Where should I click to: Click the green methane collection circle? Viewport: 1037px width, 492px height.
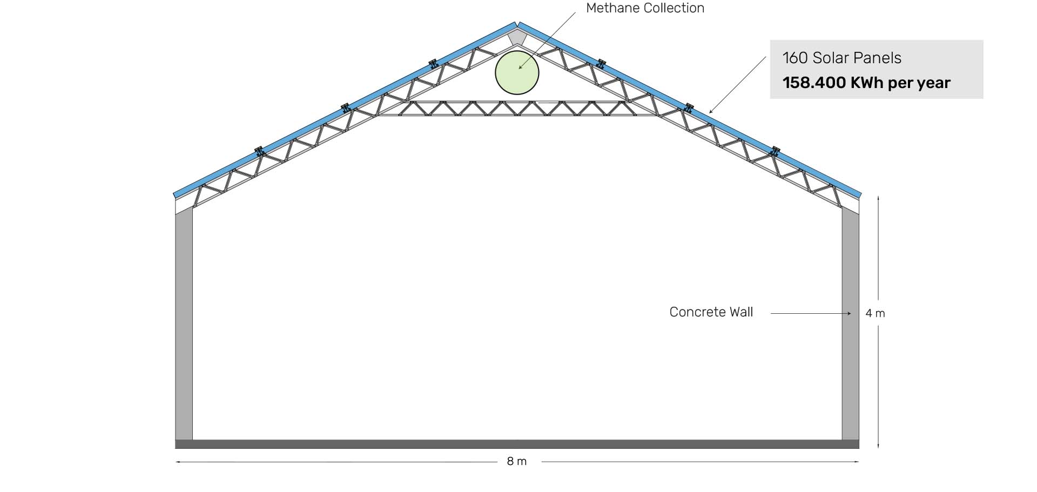click(517, 73)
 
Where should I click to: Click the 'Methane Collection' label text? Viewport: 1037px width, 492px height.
click(645, 8)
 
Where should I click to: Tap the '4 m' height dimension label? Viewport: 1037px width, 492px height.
click(875, 313)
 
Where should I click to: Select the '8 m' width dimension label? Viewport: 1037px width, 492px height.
click(517, 461)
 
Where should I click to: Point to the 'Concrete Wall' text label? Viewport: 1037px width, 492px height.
click(711, 312)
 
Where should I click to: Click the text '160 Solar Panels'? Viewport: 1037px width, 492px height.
click(841, 58)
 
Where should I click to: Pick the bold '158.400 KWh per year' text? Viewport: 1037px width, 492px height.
click(866, 83)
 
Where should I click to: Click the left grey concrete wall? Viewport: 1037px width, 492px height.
click(184, 324)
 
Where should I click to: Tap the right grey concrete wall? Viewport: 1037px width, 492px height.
click(850, 324)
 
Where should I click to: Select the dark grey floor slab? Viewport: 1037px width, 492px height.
click(517, 444)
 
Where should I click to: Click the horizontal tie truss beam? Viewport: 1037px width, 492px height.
click(517, 109)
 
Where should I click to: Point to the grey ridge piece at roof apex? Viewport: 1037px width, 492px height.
click(517, 37)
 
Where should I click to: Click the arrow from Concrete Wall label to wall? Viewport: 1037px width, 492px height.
click(810, 313)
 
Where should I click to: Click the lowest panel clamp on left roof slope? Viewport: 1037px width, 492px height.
click(259, 151)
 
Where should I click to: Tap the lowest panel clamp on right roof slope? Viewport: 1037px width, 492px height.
click(775, 151)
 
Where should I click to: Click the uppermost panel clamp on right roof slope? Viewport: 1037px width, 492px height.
click(601, 64)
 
